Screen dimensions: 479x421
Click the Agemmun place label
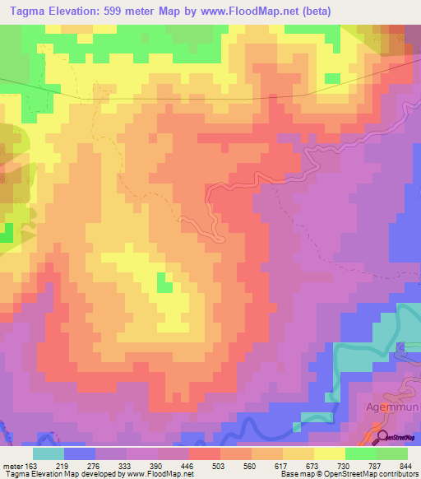point(380,407)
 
